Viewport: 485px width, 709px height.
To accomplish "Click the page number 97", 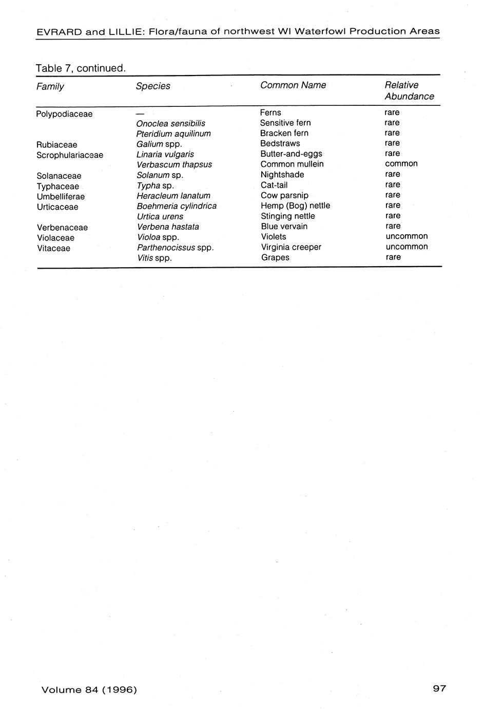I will [439, 688].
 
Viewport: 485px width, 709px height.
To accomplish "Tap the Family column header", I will [50, 86].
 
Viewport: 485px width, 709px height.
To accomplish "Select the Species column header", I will [153, 86].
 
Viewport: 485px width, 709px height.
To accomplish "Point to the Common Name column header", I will [293, 85].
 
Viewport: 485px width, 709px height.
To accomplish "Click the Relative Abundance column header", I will [409, 91].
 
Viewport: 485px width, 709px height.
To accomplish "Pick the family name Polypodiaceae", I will [64, 114].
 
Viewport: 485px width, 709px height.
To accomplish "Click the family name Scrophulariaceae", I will [70, 155].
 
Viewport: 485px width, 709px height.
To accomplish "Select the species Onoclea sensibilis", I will [171, 123].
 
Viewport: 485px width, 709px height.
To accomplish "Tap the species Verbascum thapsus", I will [174, 165].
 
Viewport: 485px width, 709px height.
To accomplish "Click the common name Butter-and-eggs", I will [291, 154].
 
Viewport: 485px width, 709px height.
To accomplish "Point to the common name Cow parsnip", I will [284, 195].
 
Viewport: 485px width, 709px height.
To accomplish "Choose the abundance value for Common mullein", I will [401, 164].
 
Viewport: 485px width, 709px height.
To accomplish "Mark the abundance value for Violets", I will [406, 236].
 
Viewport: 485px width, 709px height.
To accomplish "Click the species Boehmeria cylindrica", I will [177, 206].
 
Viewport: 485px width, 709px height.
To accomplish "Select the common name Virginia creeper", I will [291, 247].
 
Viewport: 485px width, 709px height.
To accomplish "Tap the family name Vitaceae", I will [53, 249].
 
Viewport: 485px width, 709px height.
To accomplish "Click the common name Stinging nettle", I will [288, 216].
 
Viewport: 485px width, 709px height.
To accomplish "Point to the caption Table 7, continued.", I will [81, 68].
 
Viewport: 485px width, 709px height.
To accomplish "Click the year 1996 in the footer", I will [121, 689].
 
